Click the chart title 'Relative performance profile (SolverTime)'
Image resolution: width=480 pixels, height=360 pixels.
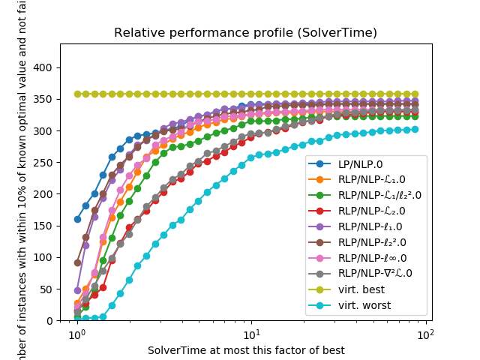[240, 33]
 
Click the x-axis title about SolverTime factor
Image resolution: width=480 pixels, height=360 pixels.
[246, 350]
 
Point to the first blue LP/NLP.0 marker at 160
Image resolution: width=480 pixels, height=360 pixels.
[77, 219]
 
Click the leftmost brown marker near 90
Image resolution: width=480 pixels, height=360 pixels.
[77, 262]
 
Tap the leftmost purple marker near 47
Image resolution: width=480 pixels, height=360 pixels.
[77, 290]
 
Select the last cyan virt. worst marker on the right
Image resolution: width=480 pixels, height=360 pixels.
[415, 129]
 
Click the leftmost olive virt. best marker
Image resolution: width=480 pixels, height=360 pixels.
[77, 94]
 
